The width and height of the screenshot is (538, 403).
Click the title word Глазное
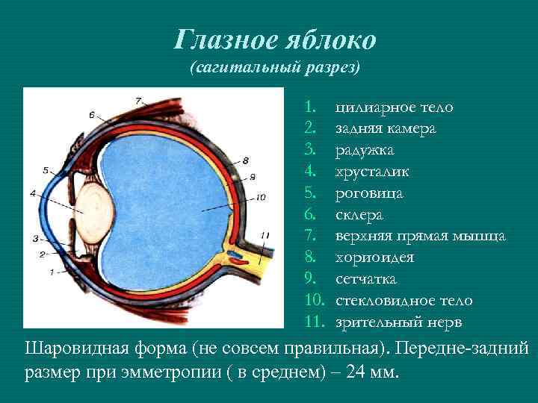[x=221, y=39]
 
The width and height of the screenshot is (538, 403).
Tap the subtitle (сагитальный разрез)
[x=275, y=68]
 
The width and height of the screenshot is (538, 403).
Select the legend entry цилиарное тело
[x=394, y=107]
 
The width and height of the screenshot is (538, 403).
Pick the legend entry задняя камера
[x=386, y=129]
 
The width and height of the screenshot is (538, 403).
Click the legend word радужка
[x=365, y=151]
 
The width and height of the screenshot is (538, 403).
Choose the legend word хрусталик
[x=372, y=172]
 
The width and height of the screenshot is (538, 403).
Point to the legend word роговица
[x=369, y=194]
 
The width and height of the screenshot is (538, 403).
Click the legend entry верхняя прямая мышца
[x=421, y=237]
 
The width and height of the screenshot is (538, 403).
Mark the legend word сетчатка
[x=366, y=280]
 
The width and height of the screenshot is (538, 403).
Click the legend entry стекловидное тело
[x=403, y=301]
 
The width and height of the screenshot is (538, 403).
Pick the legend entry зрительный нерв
[x=398, y=322]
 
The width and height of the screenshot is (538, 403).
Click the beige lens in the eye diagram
[x=94, y=210]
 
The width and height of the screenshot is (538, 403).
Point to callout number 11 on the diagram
[x=265, y=235]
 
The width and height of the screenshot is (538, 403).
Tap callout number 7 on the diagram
[x=138, y=100]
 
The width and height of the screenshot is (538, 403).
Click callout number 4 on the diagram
[x=33, y=193]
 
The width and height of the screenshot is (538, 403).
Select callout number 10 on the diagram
[x=260, y=198]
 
